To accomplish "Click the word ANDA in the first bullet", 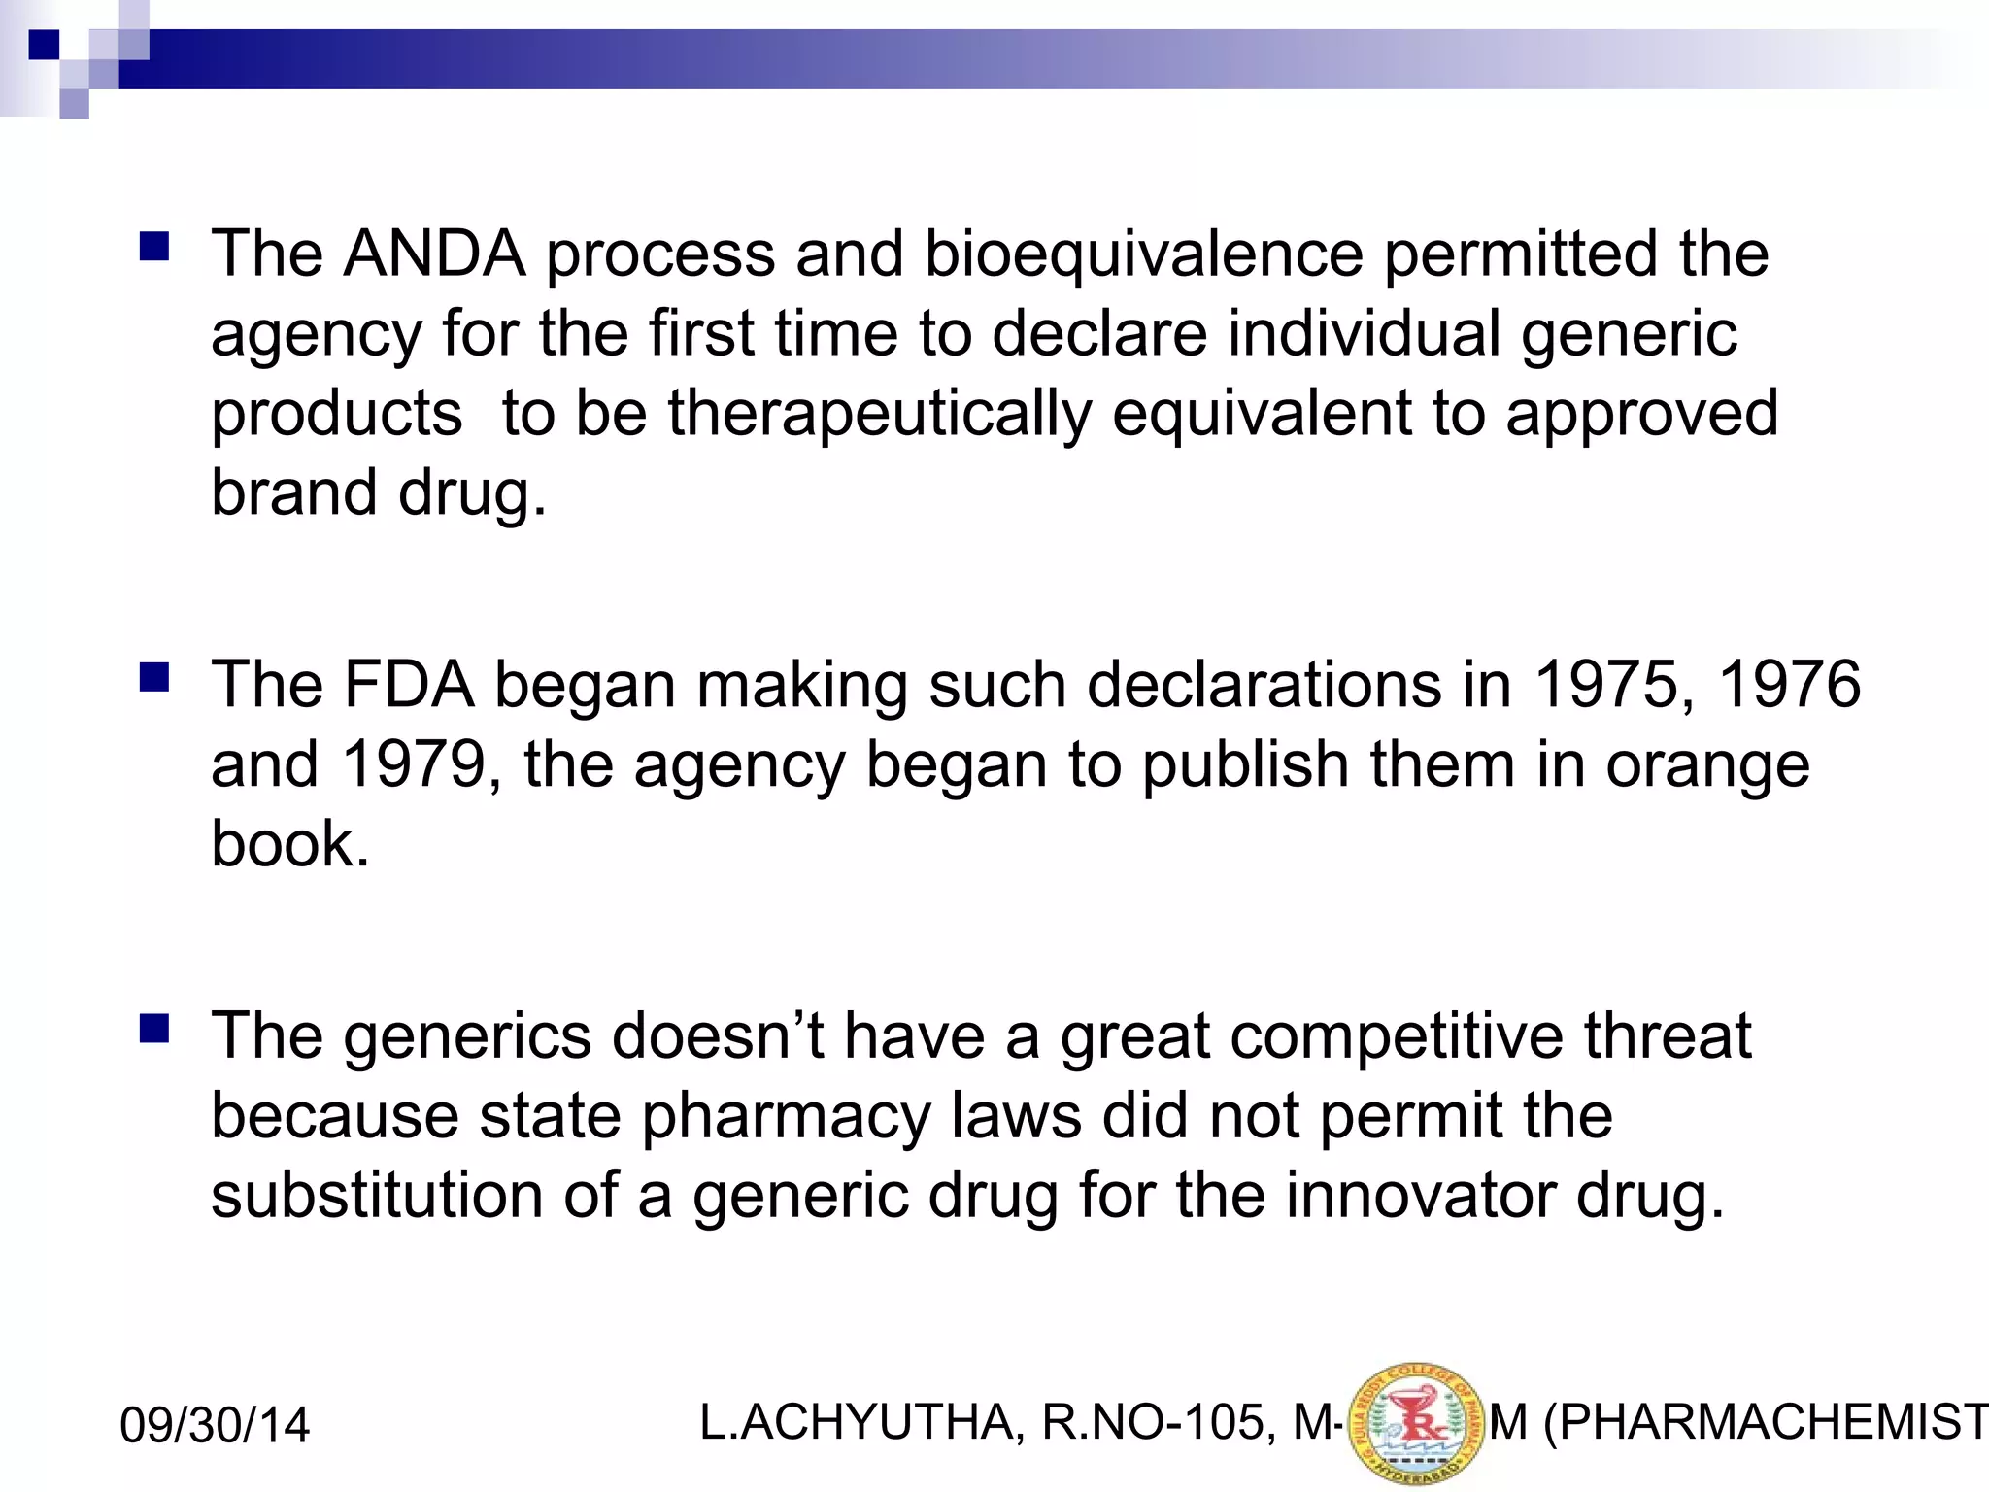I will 434,254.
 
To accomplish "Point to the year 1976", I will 1789,685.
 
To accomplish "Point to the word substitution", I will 377,1195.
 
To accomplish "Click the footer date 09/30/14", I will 215,1425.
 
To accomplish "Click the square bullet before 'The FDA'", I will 154,676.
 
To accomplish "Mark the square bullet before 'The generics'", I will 154,1028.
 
